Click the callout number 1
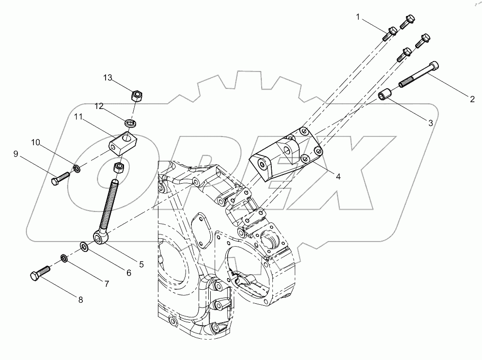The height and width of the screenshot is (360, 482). pyautogui.click(x=358, y=17)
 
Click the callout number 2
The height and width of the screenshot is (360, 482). pyautogui.click(x=471, y=100)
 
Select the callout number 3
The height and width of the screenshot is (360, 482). pyautogui.click(x=430, y=123)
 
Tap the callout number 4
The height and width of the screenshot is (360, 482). pyautogui.click(x=338, y=177)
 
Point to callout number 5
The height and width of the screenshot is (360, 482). pyautogui.click(x=141, y=264)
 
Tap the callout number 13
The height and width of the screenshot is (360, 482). pyautogui.click(x=107, y=78)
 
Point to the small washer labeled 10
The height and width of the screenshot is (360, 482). pyautogui.click(x=77, y=169)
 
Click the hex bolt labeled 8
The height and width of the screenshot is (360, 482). pyautogui.click(x=40, y=273)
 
